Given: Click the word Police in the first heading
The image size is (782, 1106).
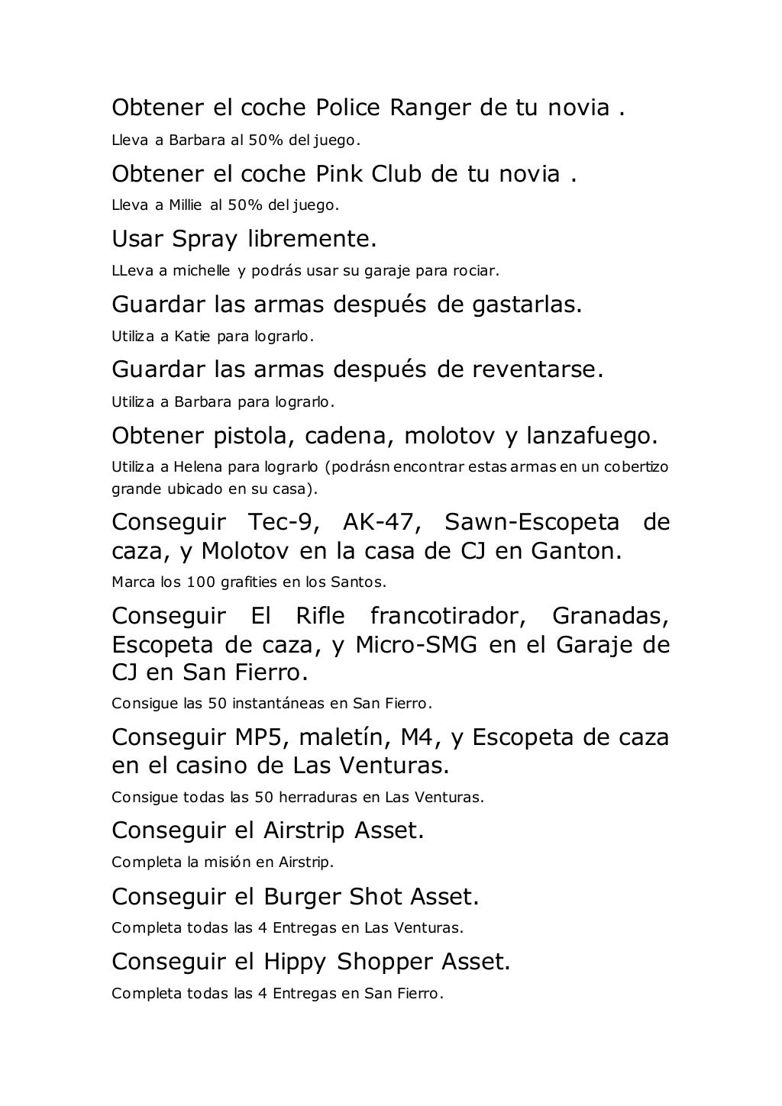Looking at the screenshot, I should (347, 108).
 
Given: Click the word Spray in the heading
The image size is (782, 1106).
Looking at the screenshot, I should (204, 239).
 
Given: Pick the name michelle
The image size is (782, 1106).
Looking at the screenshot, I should (200, 270).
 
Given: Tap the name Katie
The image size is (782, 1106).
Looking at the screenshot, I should (192, 335).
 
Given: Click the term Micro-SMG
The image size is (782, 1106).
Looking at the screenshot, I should (417, 645).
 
